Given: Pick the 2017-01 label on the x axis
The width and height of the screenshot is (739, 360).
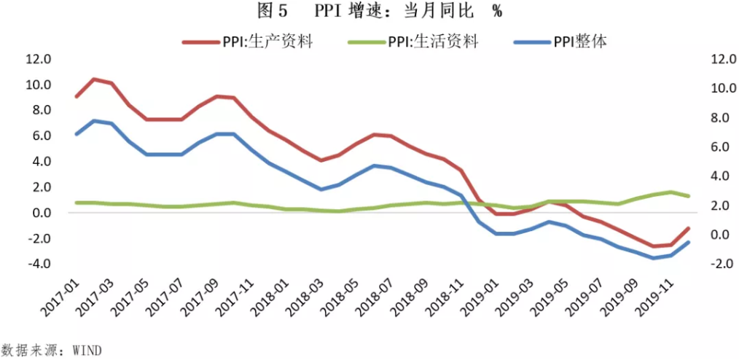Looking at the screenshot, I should pyautogui.click(x=60, y=300).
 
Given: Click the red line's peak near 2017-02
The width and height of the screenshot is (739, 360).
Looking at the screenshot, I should pyautogui.click(x=94, y=79).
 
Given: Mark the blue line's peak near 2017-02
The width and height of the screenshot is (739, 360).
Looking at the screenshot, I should pyautogui.click(x=94, y=121).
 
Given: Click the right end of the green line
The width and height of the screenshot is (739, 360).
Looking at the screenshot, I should pyautogui.click(x=689, y=196).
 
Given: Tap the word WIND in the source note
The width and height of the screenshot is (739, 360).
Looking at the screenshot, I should pyautogui.click(x=87, y=351).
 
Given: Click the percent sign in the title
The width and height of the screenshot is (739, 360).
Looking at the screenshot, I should pyautogui.click(x=497, y=12).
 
